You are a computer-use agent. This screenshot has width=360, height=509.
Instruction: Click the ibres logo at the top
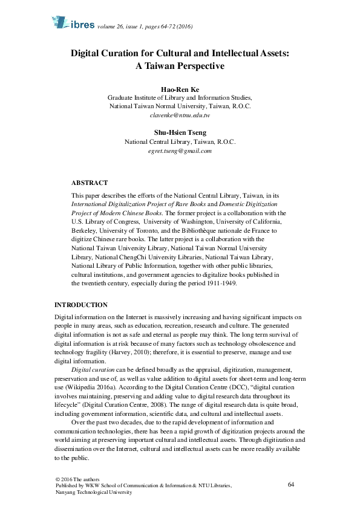71,24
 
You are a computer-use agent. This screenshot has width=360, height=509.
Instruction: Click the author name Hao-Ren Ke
180,89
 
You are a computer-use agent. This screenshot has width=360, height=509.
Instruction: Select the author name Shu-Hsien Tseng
180,132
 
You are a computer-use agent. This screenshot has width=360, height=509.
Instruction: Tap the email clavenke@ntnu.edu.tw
180,114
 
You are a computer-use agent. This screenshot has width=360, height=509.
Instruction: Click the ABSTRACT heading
90,182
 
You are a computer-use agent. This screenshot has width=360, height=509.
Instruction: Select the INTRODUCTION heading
81,305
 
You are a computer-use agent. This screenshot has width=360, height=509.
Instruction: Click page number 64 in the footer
291,485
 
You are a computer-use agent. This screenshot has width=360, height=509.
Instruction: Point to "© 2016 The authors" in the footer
74,479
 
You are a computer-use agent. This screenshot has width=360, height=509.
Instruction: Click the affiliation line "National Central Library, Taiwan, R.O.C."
180,142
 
